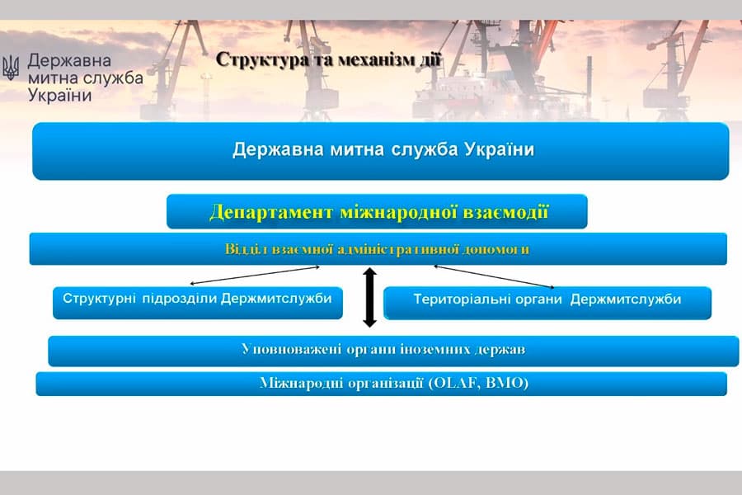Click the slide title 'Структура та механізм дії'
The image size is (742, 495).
click(329, 59)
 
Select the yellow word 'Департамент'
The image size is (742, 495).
click(271, 212)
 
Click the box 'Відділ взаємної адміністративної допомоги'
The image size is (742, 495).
click(378, 249)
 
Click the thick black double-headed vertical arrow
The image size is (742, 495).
click(370, 297)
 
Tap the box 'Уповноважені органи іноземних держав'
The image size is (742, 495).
click(392, 350)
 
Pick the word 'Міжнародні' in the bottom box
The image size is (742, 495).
click(295, 384)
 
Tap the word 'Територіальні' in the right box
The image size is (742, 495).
click(455, 299)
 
